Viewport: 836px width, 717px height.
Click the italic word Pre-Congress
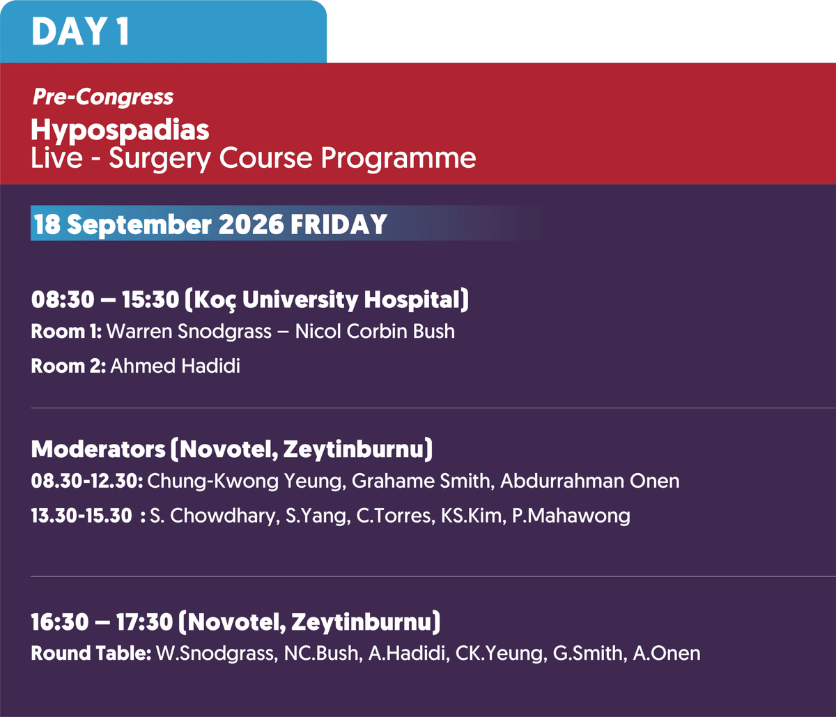[x=102, y=98]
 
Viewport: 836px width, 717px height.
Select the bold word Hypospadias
[x=120, y=130]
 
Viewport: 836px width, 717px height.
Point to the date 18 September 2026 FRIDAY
[x=210, y=224]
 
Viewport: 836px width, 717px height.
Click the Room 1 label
[x=66, y=331]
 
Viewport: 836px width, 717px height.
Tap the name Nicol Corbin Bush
[x=375, y=331]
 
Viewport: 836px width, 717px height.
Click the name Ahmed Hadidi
[x=175, y=367]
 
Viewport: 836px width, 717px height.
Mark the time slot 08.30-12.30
[x=87, y=481]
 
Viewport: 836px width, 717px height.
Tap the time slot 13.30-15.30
[x=82, y=516]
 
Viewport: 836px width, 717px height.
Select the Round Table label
[x=91, y=654]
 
